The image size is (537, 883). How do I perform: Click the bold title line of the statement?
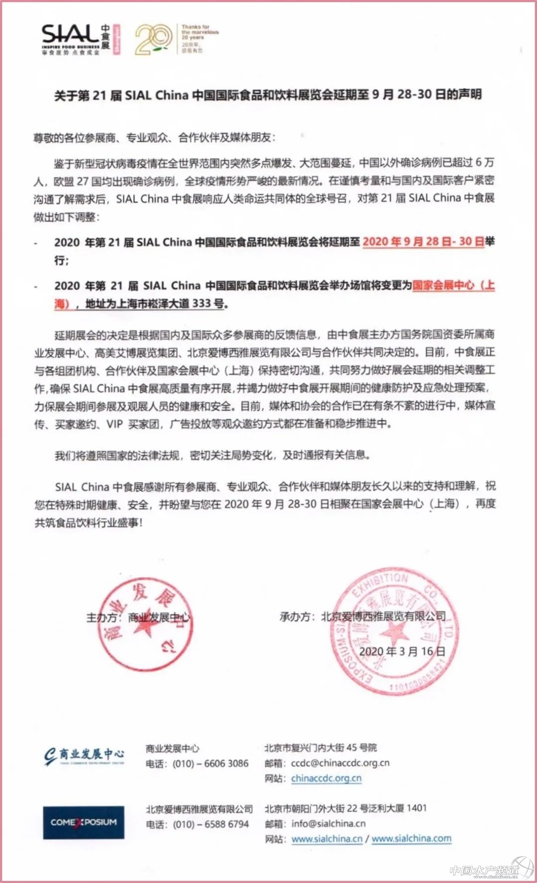pos(268,94)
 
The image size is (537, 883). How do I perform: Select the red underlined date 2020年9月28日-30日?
pos(423,242)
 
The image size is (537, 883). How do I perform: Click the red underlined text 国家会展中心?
pos(443,285)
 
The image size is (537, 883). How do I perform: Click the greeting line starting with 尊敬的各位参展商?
pos(154,138)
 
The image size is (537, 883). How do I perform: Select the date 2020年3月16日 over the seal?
pos(402,652)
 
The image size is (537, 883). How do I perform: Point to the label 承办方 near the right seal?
pos(296,617)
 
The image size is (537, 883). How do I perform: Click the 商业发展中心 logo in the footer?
pos(85,756)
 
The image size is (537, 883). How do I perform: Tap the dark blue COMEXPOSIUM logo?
pos(84,822)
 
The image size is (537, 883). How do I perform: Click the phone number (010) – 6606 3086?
pos(210,763)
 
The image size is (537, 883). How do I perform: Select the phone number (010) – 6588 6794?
pos(210,824)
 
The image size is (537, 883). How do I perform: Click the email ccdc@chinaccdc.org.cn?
pos(340,763)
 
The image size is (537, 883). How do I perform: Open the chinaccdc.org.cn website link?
pos(326,778)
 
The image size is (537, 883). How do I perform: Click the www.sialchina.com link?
pos(411,839)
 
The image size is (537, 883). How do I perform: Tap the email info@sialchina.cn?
pos(328,823)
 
